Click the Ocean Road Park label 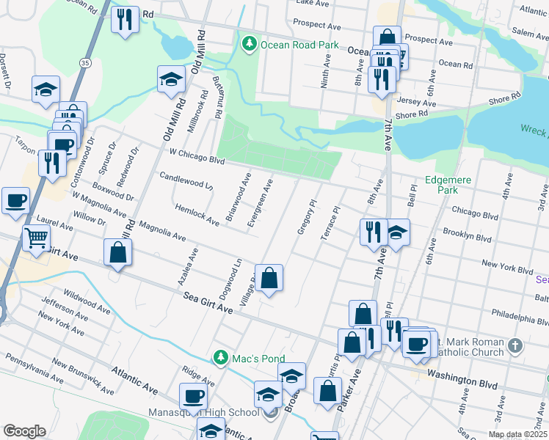click(299, 45)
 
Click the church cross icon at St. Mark click(516, 345)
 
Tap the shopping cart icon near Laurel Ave click(35, 237)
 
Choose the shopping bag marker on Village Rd click(269, 278)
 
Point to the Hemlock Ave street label click(197, 214)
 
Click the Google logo click(24, 431)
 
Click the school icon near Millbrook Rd click(171, 79)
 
